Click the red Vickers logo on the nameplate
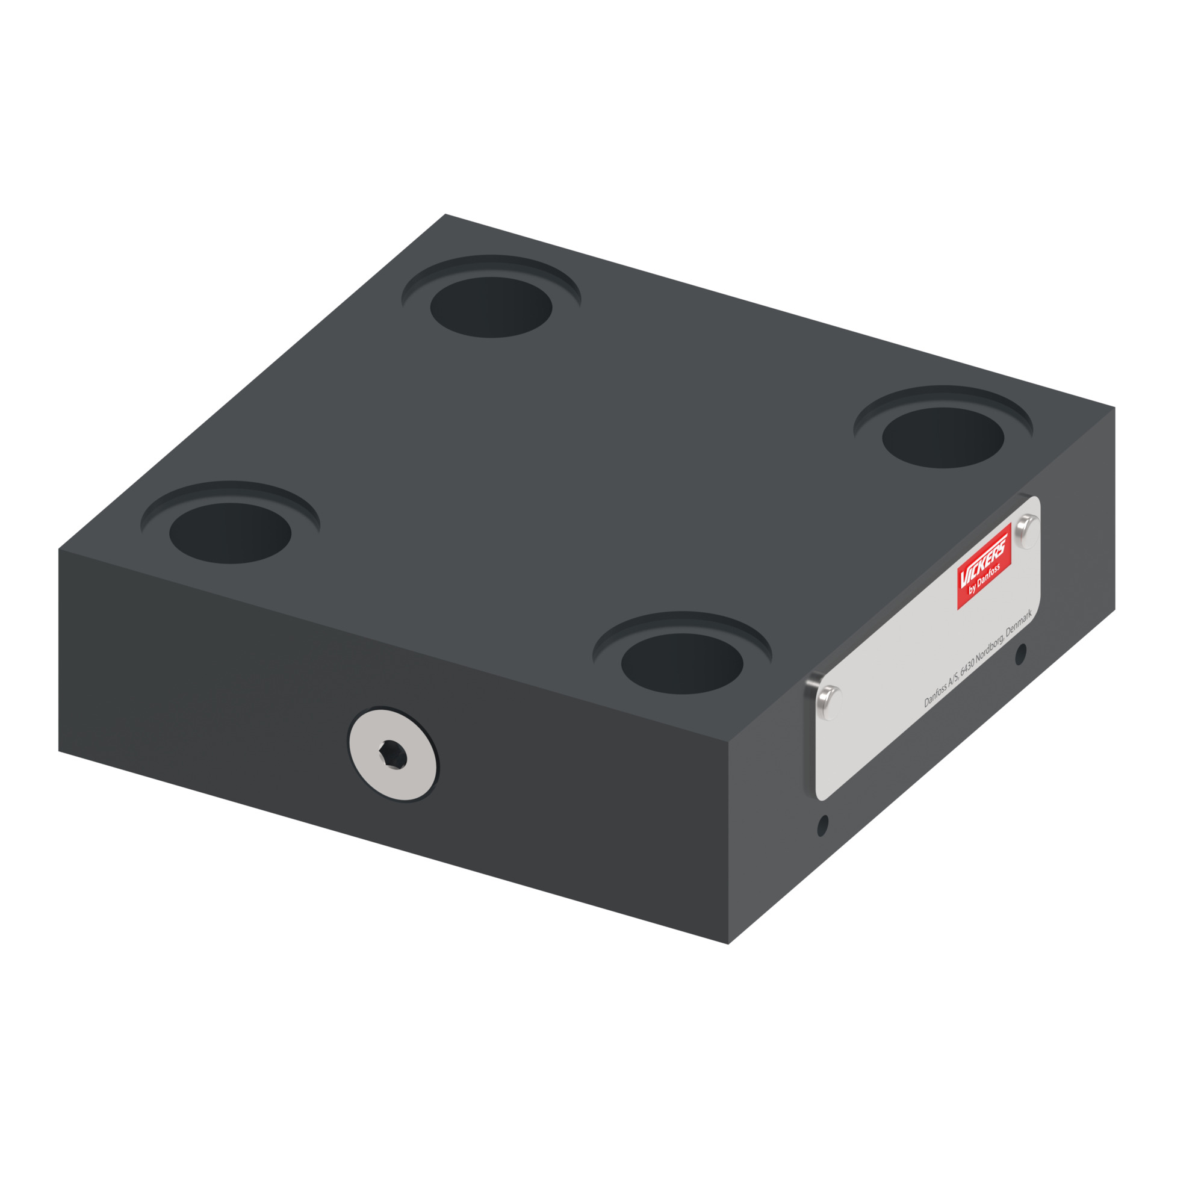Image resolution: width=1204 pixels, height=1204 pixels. click(984, 566)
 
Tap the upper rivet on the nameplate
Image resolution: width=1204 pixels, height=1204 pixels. click(1026, 531)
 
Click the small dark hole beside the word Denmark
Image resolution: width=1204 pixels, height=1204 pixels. click(1020, 654)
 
